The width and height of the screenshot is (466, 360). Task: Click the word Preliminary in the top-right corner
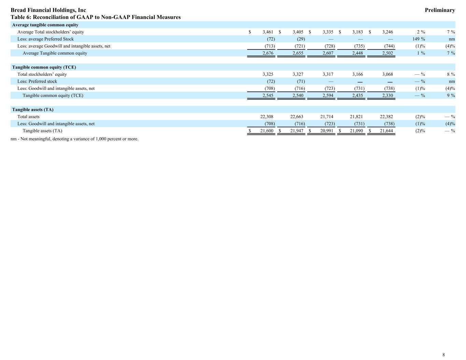pyautogui.click(x=440, y=10)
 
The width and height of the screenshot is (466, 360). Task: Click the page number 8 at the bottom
pyautogui.click(x=443, y=355)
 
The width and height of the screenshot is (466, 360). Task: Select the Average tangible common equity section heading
pyautogui.click(x=45, y=25)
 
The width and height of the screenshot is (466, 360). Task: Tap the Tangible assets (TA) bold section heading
pyautogui.click(x=33, y=110)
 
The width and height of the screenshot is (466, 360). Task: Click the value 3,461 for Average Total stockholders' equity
pyautogui.click(x=268, y=32)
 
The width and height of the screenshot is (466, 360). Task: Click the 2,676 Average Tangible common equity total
pyautogui.click(x=268, y=53)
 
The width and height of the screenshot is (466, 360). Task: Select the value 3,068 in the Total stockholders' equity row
pyautogui.click(x=387, y=74)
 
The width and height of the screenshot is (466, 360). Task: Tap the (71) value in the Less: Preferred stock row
pyautogui.click(x=301, y=82)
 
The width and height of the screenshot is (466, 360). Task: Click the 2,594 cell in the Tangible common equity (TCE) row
pyautogui.click(x=328, y=96)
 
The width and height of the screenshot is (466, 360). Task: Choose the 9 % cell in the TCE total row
pyautogui.click(x=451, y=96)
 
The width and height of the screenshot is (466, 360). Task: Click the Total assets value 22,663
pyautogui.click(x=297, y=117)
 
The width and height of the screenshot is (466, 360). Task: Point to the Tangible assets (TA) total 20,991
pyautogui.click(x=327, y=131)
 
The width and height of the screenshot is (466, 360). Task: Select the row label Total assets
pyautogui.click(x=29, y=117)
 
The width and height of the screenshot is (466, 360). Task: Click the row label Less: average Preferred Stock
pyautogui.click(x=45, y=39)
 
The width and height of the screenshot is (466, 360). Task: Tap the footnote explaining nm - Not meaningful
pyautogui.click(x=74, y=139)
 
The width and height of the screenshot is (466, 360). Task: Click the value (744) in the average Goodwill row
pyautogui.click(x=389, y=46)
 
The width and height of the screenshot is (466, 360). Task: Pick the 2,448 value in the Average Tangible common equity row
pyautogui.click(x=357, y=53)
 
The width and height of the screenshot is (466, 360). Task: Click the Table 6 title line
pyautogui.click(x=96, y=17)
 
